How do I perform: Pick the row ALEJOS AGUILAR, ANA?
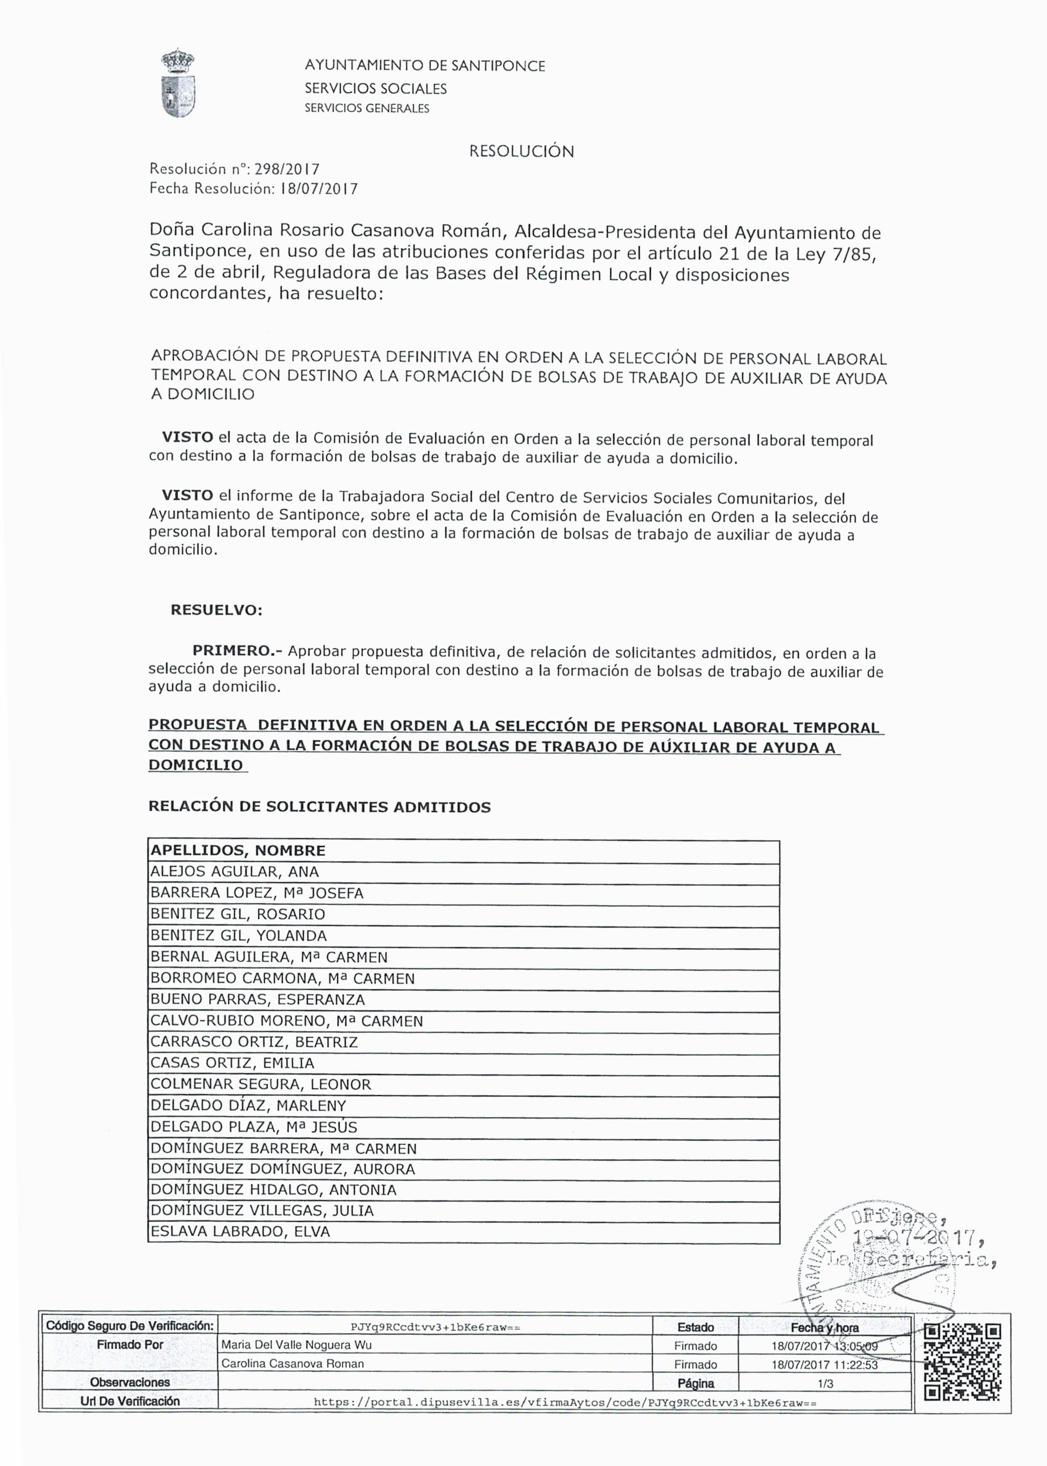pyautogui.click(x=235, y=872)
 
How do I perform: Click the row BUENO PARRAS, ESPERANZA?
pyautogui.click(x=257, y=999)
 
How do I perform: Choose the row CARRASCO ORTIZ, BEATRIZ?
pyautogui.click(x=253, y=1042)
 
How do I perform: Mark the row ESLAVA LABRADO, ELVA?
pyautogui.click(x=240, y=1231)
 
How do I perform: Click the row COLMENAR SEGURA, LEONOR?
pyautogui.click(x=260, y=1085)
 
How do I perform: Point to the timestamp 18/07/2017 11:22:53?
pyautogui.click(x=825, y=1364)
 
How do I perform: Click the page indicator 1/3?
pyautogui.click(x=825, y=1383)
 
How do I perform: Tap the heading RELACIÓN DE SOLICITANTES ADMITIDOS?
pyautogui.click(x=319, y=807)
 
